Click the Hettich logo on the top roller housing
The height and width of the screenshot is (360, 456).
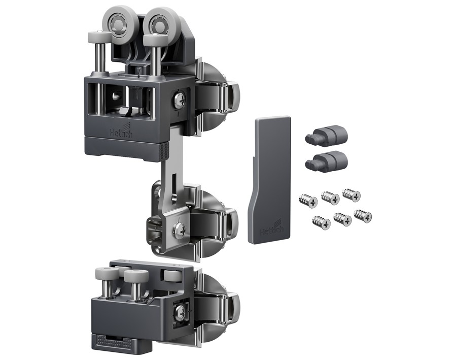pyautogui.click(x=122, y=130)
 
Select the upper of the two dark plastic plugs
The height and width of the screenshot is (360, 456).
pyautogui.click(x=326, y=135)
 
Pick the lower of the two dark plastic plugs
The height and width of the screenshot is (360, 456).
pyautogui.click(x=326, y=160)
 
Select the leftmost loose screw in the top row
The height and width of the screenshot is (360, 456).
pyautogui.click(x=308, y=201)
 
